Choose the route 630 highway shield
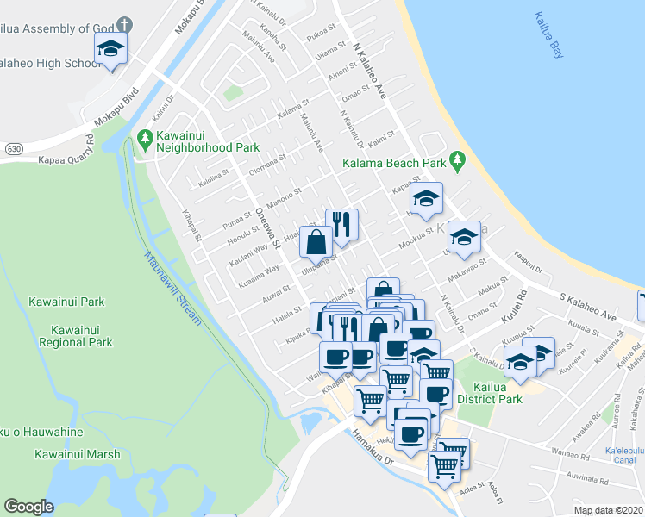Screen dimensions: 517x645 [x=12, y=149]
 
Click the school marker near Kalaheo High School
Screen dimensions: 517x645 [x=110, y=50]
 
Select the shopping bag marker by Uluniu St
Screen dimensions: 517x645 [x=317, y=242]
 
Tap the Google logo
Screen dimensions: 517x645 [x=28, y=507]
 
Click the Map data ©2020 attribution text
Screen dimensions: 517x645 [x=608, y=510]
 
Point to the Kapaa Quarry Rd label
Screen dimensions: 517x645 [x=60, y=152]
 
